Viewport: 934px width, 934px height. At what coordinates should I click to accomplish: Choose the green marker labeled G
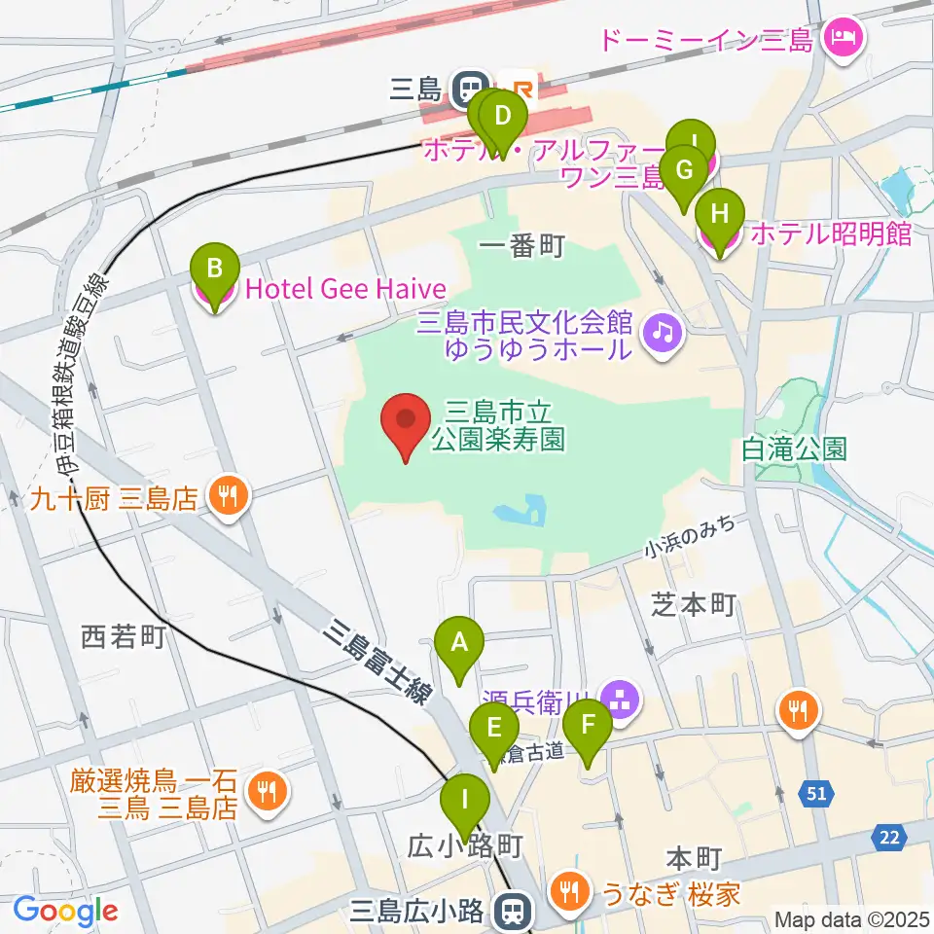684,172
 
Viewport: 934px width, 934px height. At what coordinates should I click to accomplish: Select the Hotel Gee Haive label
345,289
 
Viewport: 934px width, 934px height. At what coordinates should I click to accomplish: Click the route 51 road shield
815,795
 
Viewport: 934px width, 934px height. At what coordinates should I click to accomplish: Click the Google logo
65,910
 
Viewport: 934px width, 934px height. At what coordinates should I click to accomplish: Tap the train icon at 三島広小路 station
509,911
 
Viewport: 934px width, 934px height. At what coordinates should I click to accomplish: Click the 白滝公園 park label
793,449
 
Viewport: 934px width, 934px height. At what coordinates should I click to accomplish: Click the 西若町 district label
124,637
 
